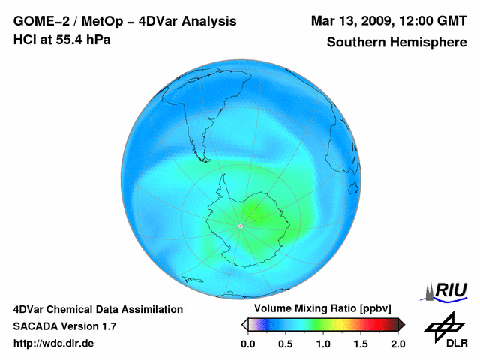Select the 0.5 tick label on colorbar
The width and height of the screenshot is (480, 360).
tap(285, 343)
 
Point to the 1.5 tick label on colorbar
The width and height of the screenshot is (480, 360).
tap(360, 343)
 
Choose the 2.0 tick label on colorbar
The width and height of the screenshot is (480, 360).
tap(397, 343)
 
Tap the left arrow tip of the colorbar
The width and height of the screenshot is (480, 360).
tap(244, 324)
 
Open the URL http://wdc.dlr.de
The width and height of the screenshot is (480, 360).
tap(54, 343)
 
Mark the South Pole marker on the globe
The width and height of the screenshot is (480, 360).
tap(240, 226)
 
